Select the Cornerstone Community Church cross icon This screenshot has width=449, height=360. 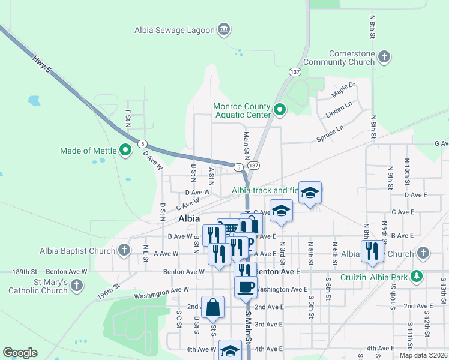click(x=384, y=58)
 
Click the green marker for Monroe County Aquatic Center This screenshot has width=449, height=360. click(x=279, y=110)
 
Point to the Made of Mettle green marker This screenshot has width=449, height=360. click(x=125, y=150)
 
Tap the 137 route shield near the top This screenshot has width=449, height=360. click(x=295, y=71)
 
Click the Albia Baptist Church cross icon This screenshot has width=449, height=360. click(x=124, y=250)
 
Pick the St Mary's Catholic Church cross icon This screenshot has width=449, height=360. click(x=76, y=286)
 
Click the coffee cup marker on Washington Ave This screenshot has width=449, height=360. click(x=245, y=287)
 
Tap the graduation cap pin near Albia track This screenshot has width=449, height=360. click(x=310, y=193)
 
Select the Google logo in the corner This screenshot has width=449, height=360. click(x=20, y=353)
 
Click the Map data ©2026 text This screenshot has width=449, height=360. click(x=423, y=355)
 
